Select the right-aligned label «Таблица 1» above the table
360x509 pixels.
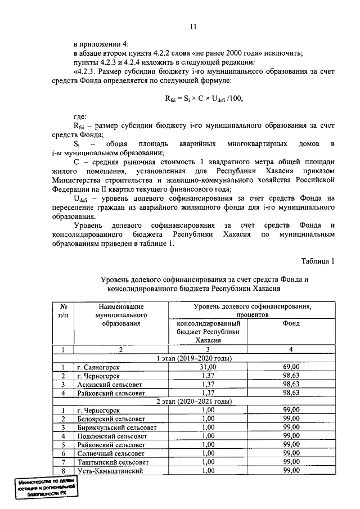coord(318,260)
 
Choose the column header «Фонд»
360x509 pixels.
coord(291,323)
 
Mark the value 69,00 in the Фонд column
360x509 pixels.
coord(291,367)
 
